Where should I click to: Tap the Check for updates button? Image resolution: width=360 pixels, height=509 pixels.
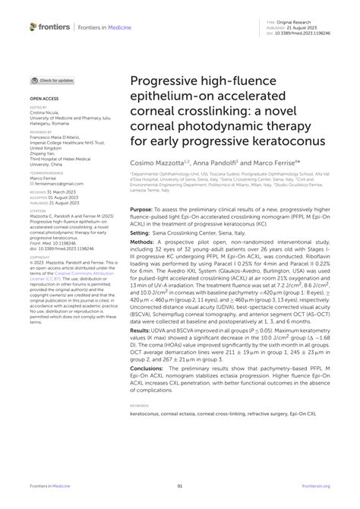click(52, 80)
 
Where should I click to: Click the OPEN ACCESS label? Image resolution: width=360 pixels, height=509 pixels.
click(45, 99)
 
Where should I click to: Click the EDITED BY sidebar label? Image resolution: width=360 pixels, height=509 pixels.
click(40, 108)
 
